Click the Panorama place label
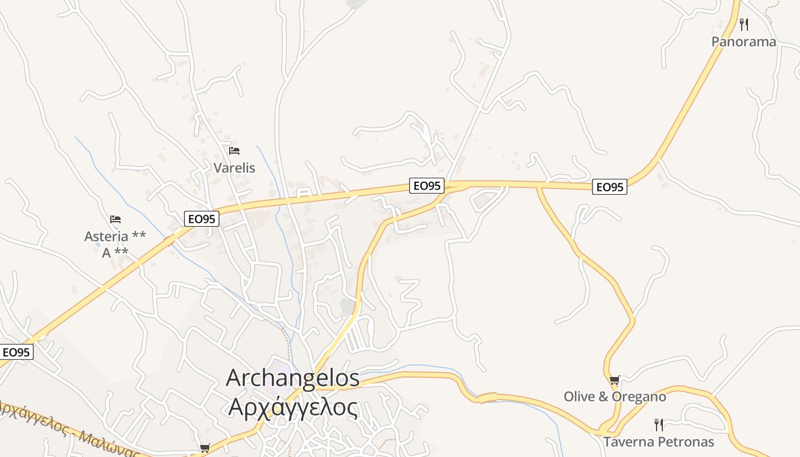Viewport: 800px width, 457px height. point(743,42)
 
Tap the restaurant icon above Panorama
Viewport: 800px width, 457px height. point(743,25)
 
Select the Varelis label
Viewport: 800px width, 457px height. point(234,168)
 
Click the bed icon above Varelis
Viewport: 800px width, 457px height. point(234,151)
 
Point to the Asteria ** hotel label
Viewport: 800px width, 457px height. point(115,236)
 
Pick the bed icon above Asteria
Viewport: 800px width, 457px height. point(115,219)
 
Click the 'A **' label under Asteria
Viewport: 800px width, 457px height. point(115,252)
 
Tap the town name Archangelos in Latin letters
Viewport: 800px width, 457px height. point(293,378)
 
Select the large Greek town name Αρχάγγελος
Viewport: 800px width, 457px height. point(293,407)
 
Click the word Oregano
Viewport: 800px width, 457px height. point(639,396)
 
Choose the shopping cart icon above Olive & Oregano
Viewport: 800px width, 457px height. point(614,380)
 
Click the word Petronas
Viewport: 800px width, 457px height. point(686,442)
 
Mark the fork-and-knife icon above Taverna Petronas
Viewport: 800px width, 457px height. point(659,424)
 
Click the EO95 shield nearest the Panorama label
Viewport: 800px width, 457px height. point(609,187)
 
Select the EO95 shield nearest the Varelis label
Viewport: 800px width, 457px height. point(202,219)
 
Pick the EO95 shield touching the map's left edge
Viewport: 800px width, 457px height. point(16,352)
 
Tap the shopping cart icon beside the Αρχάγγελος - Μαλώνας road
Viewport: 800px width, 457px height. point(205,448)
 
